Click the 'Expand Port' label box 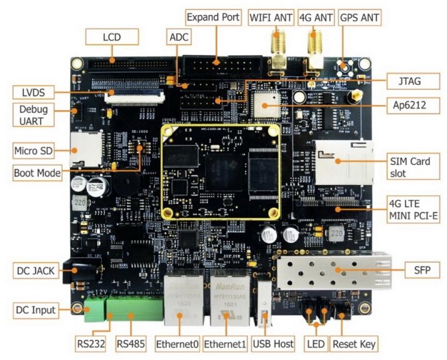coord(213,17)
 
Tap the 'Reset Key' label coord(354,344)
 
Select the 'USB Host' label coord(272,344)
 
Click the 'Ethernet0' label coord(177,344)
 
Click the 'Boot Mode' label coord(38,172)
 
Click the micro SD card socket coord(82,149)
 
